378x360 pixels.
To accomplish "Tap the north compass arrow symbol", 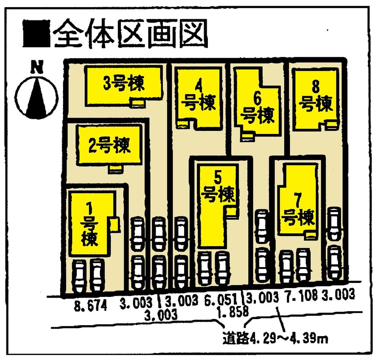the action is (x=37, y=95).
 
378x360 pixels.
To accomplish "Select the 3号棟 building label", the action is (x=124, y=84).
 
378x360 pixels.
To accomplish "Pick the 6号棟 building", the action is (x=258, y=108).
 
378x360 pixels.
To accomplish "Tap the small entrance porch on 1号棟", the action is (x=115, y=225).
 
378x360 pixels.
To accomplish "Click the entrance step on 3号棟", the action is (x=137, y=102).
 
